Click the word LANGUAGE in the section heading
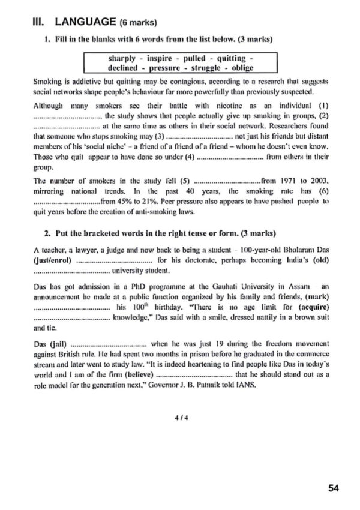pyautogui.click(x=84, y=22)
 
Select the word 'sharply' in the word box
pyautogui.click(x=122, y=58)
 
